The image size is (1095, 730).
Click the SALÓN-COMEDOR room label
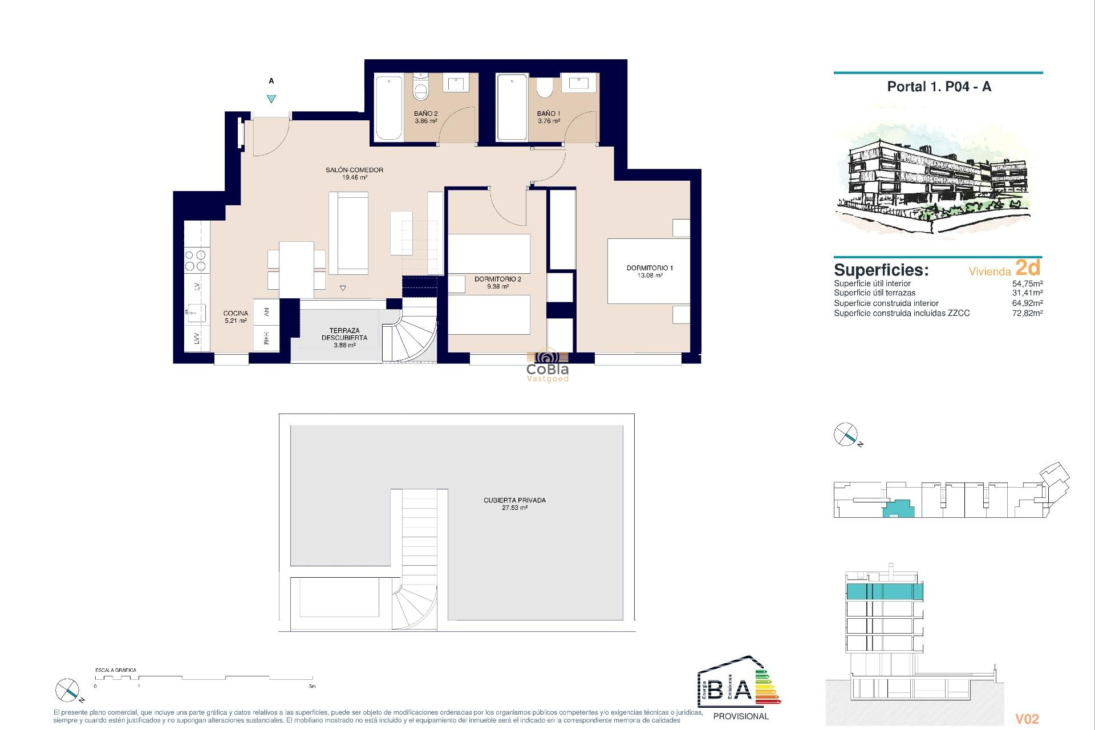[x=354, y=170]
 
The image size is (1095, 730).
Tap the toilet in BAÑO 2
[x=420, y=88]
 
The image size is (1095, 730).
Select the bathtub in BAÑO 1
[x=512, y=107]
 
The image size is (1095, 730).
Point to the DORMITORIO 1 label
[x=650, y=268]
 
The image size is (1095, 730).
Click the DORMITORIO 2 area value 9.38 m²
[x=497, y=287]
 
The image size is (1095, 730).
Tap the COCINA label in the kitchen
[x=236, y=313]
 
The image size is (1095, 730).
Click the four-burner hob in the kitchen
[x=196, y=261]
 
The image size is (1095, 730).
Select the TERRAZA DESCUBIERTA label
[x=344, y=334]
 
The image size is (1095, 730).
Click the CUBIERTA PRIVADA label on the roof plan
[x=514, y=500]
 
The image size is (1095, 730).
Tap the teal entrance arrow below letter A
[x=271, y=99]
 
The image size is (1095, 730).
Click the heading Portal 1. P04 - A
[x=939, y=87]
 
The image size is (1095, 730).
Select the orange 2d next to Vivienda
[x=1028, y=267]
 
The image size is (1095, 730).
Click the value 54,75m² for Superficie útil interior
[x=1027, y=283]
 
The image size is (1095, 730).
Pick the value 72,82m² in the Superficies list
[x=1027, y=313]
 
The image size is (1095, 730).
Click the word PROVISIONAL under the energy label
[x=741, y=716]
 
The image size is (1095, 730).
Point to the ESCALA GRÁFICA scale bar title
[x=116, y=670]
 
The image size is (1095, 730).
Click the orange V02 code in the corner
[x=1027, y=719]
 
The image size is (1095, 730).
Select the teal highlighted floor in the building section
[x=884, y=591]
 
